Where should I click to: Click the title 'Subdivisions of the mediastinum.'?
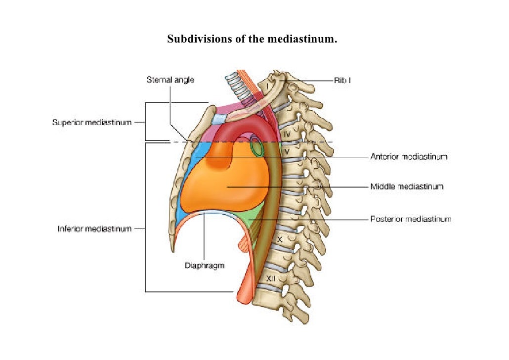tap(252, 39)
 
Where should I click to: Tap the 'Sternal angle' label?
tap(170, 80)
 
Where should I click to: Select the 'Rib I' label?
tap(342, 80)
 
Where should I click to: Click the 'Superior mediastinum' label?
tap(92, 122)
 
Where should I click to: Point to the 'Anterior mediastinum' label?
tap(409, 157)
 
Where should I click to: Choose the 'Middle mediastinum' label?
tap(407, 187)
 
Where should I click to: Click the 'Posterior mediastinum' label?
tap(411, 219)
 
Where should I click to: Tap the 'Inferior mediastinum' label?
tap(94, 229)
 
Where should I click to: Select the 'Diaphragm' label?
tap(205, 266)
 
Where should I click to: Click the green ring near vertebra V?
tap(256, 146)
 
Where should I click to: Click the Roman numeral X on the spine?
tap(280, 239)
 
